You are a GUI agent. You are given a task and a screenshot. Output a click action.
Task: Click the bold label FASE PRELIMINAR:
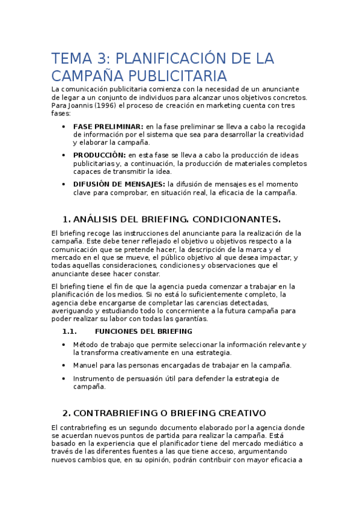[x=108, y=126]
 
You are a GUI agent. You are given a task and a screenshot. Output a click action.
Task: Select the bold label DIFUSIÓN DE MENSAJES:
[x=119, y=184]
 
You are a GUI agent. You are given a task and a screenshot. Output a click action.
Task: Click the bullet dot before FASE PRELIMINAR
[x=65, y=126]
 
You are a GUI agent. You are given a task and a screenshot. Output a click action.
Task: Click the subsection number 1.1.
[x=70, y=331]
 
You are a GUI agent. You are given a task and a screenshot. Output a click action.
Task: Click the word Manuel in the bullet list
[x=87, y=365]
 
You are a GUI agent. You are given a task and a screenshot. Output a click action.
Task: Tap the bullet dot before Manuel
[x=65, y=365]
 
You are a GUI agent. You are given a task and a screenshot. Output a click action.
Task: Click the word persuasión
[x=159, y=379]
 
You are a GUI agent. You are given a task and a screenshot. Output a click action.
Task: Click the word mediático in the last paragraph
[x=279, y=443]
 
